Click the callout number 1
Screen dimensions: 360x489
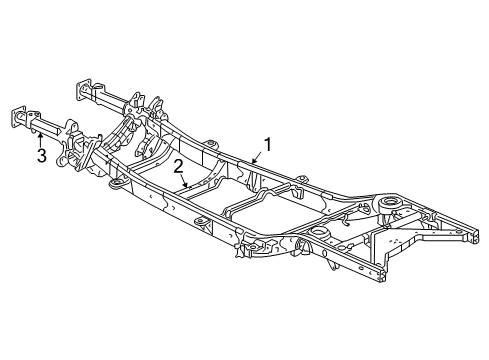267,143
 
